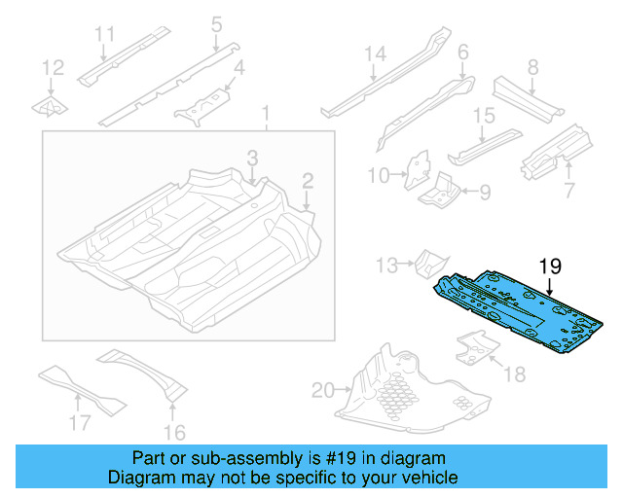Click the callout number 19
[551, 265]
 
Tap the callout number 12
[54, 68]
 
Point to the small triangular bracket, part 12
[50, 106]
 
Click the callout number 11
[106, 35]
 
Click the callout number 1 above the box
[265, 117]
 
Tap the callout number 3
[252, 158]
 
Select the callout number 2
[308, 180]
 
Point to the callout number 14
[376, 54]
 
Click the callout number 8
[532, 67]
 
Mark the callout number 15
[485, 117]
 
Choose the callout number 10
[380, 175]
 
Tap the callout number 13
[387, 263]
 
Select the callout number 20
[322, 392]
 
